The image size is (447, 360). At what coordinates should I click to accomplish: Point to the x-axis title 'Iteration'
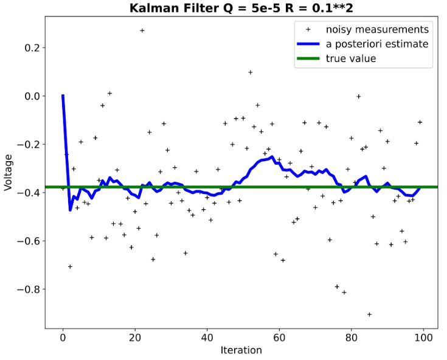241,350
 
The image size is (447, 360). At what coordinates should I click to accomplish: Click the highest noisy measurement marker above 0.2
142,30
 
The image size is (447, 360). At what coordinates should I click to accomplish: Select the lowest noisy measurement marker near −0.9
369,314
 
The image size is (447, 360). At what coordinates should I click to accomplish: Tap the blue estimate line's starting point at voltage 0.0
63,96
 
